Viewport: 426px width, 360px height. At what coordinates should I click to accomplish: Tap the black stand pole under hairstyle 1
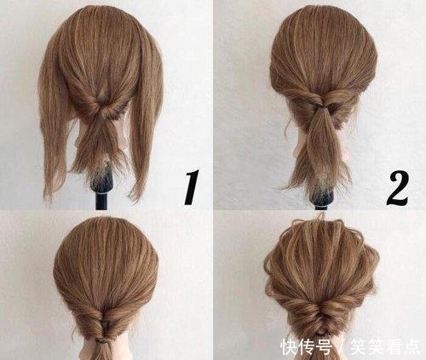pos(102,199)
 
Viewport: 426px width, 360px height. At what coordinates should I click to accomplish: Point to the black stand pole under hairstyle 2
pos(321,197)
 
